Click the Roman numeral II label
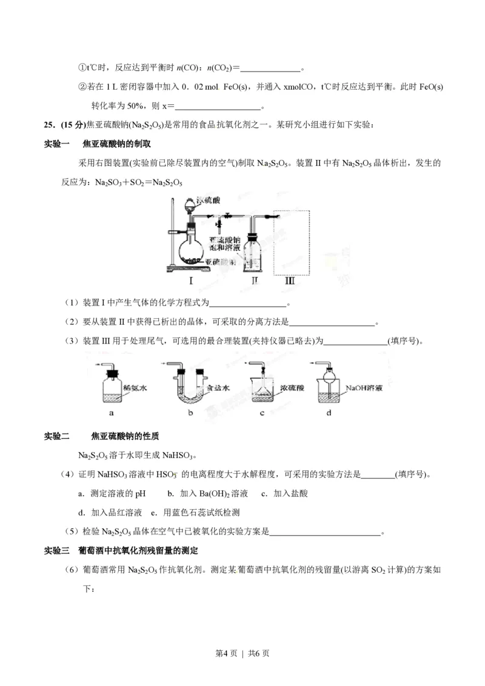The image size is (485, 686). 255,281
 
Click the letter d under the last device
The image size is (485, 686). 329,414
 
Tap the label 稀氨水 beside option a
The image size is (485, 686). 135,387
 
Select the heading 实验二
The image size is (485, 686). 58,436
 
